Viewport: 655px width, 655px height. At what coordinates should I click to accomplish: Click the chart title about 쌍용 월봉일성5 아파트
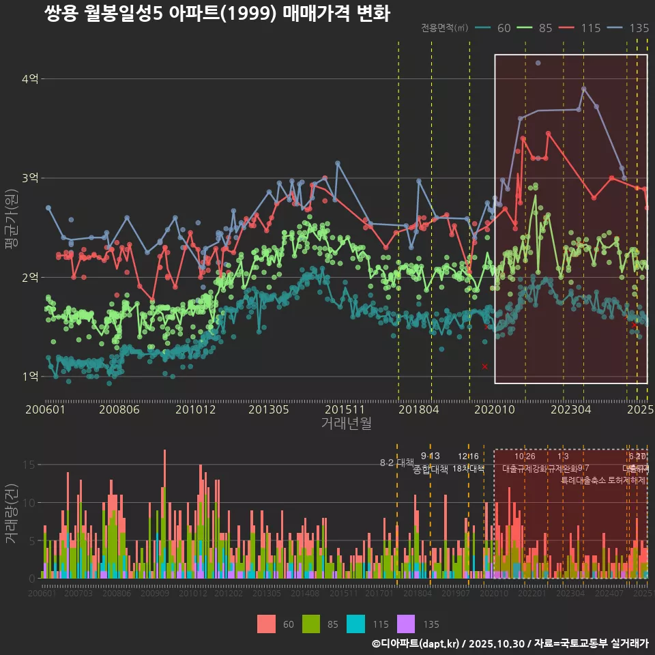[x=217, y=14]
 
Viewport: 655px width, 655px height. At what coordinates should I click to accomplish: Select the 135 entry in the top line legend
[x=639, y=28]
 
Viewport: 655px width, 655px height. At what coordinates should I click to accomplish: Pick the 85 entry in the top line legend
[x=544, y=28]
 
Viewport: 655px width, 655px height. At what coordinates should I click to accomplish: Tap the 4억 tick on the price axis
[x=30, y=79]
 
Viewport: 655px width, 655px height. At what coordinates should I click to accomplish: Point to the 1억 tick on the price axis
[x=30, y=377]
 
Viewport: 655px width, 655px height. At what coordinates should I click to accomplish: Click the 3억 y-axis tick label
[x=30, y=178]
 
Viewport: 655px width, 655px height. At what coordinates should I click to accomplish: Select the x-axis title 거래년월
[x=346, y=424]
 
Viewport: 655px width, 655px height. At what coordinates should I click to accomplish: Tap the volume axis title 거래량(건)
[x=12, y=513]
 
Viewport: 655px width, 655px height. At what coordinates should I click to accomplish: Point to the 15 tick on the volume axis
[x=30, y=465]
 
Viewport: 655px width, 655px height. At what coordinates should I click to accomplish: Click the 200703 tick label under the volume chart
[x=78, y=594]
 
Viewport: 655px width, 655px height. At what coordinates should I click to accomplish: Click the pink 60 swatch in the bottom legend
[x=267, y=624]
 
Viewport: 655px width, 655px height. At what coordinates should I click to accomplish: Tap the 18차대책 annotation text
[x=468, y=469]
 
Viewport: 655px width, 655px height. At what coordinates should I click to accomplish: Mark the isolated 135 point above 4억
[x=538, y=63]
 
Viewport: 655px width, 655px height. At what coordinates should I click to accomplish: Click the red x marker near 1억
[x=484, y=366]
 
